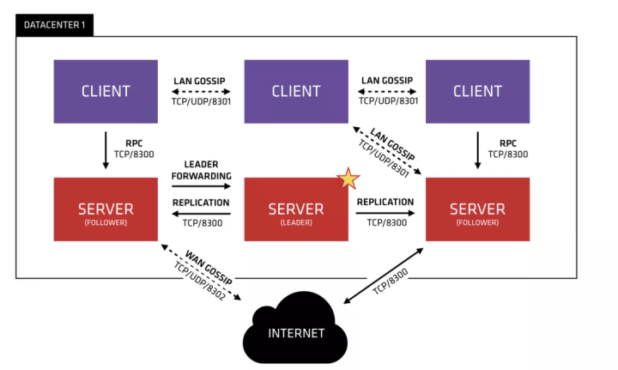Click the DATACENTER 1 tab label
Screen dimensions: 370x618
point(53,24)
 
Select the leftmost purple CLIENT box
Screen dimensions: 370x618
point(106,89)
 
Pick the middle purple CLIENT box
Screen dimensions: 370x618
point(295,89)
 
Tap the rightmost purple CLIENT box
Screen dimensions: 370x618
point(477,89)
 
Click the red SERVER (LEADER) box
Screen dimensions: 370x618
point(295,209)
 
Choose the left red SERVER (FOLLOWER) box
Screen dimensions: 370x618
point(106,209)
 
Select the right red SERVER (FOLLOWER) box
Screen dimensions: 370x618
point(477,209)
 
